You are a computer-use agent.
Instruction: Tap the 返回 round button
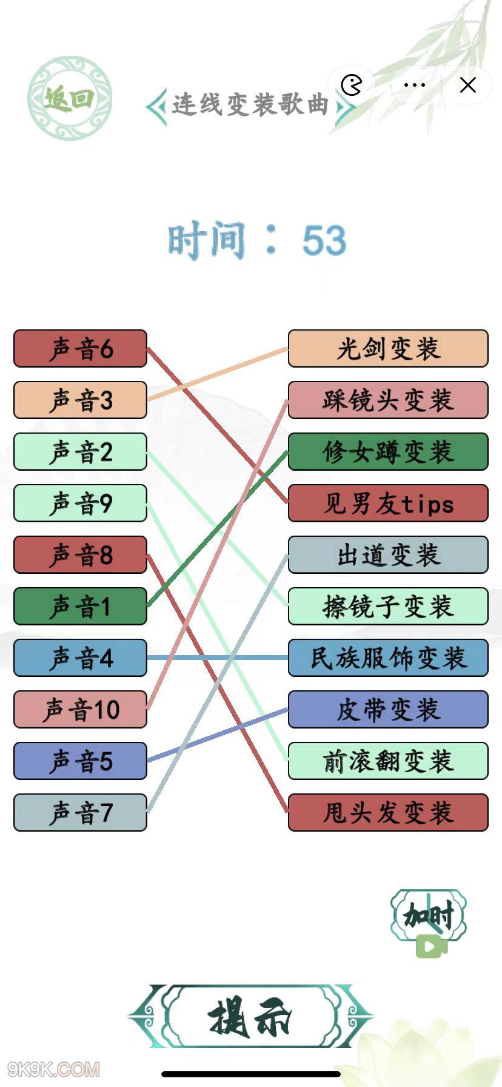pyautogui.click(x=70, y=98)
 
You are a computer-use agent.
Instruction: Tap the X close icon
pyautogui.click(x=468, y=85)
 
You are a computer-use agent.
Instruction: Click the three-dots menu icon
pyautogui.click(x=414, y=85)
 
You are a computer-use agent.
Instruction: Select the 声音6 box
pyautogui.click(x=80, y=349)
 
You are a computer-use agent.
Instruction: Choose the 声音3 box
pyautogui.click(x=80, y=400)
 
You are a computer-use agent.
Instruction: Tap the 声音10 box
pyautogui.click(x=80, y=710)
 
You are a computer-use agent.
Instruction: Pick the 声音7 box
pyautogui.click(x=80, y=813)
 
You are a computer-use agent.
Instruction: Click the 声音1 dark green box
pyautogui.click(x=80, y=607)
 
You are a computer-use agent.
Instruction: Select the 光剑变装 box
pyautogui.click(x=388, y=349)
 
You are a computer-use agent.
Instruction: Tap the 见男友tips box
pyautogui.click(x=388, y=503)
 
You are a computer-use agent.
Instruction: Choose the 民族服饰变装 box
pyautogui.click(x=388, y=658)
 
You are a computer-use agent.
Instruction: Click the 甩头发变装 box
pyautogui.click(x=388, y=813)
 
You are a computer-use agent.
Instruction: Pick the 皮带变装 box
pyautogui.click(x=388, y=710)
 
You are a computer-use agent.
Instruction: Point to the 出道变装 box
pyautogui.click(x=388, y=555)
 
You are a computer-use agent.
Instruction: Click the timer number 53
pyautogui.click(x=324, y=240)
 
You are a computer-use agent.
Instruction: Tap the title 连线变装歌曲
pyautogui.click(x=250, y=104)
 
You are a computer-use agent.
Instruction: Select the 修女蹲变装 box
pyautogui.click(x=388, y=452)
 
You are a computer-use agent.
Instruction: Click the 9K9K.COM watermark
pyautogui.click(x=53, y=1069)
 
